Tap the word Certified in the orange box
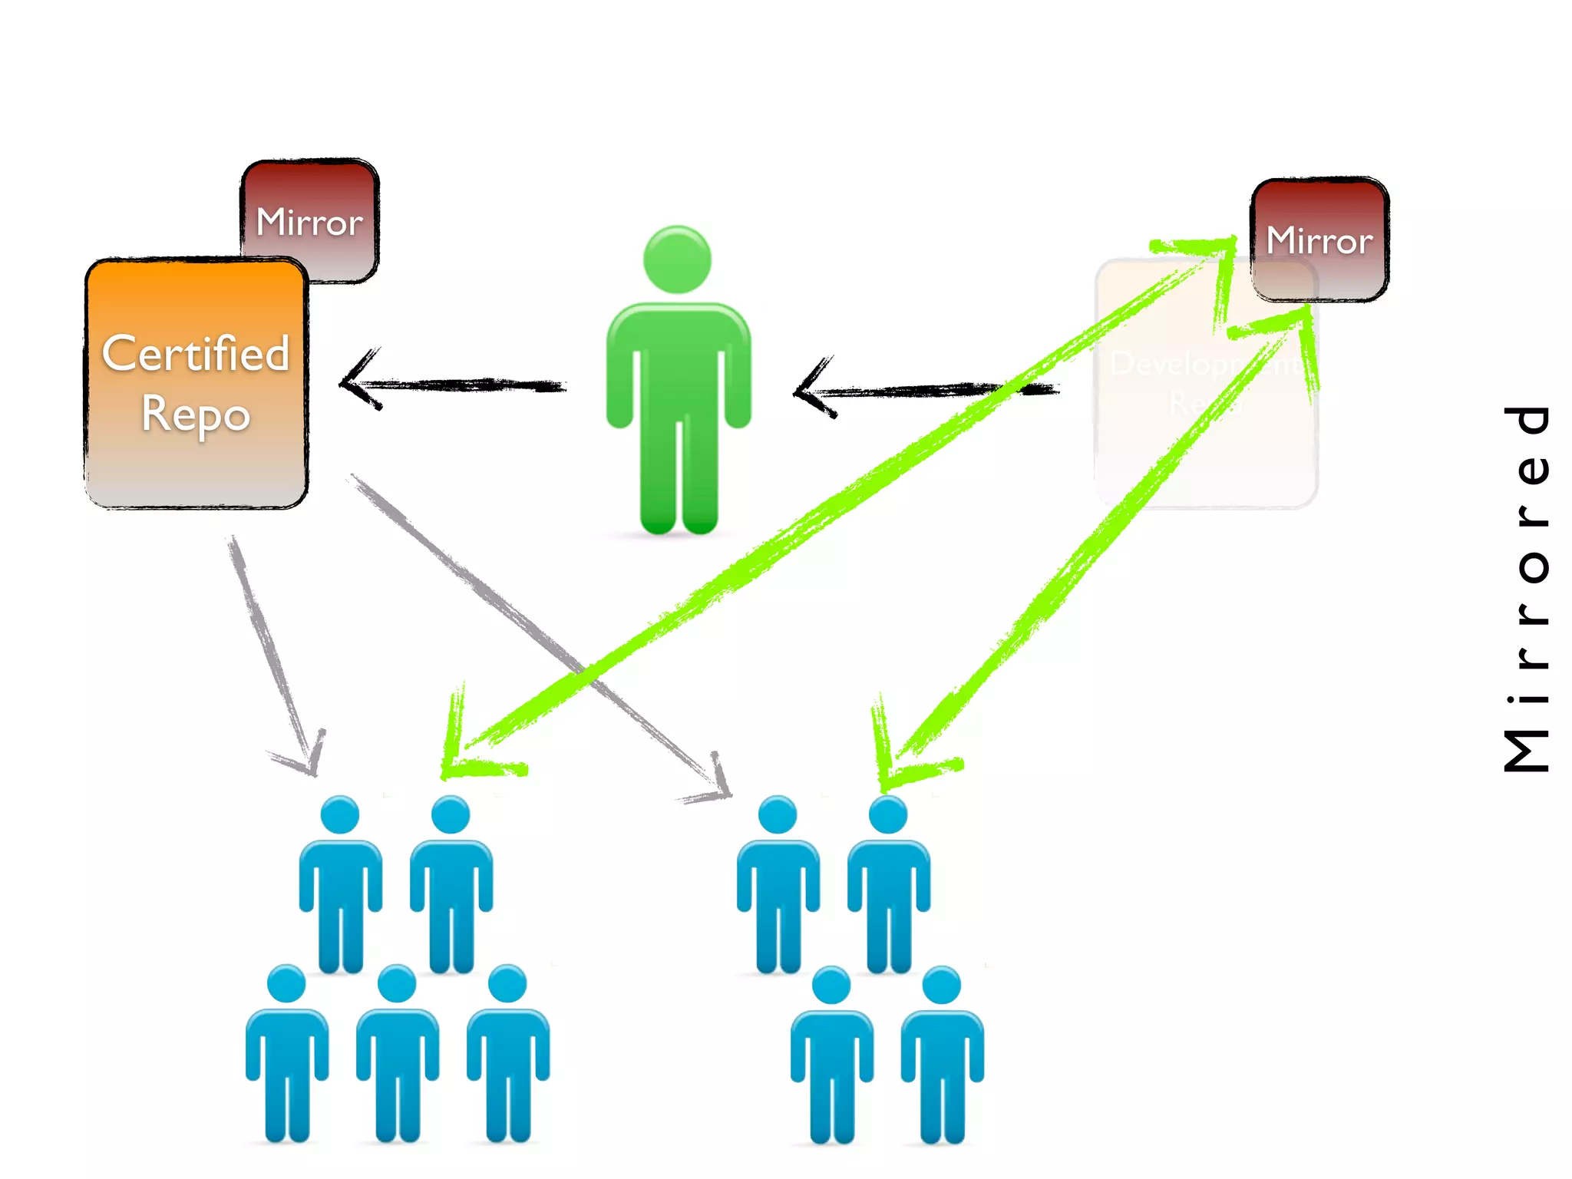pos(196,354)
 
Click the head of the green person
pos(677,259)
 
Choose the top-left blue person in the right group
pos(778,883)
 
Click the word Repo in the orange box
pos(196,414)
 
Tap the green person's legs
pos(679,468)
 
